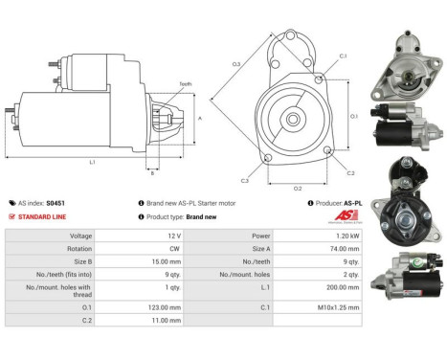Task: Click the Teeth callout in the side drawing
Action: point(186,84)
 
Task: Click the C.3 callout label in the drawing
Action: point(245,180)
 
